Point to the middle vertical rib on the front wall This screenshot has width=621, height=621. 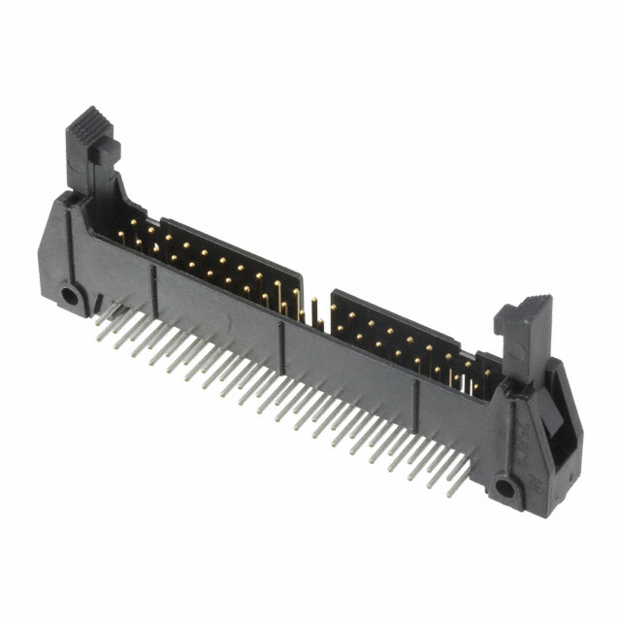pos(281,344)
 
